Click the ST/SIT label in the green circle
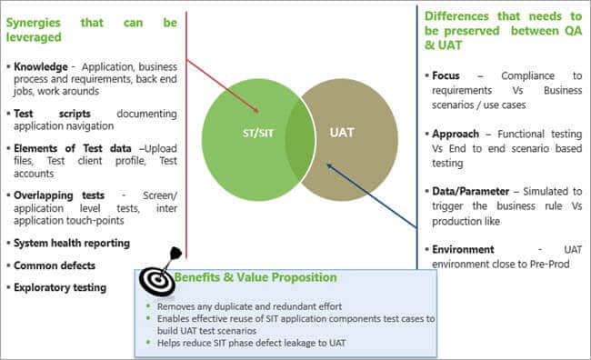coord(258,133)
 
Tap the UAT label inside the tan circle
coord(342,133)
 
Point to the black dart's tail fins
coord(176,253)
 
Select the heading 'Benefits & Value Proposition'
coord(255,277)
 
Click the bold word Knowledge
coord(41,66)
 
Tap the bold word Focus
coord(446,75)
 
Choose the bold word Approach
coord(456,135)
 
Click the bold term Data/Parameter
coord(470,192)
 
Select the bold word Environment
coord(463,250)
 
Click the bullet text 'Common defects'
coord(55,265)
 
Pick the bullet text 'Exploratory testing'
coord(60,287)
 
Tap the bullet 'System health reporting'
coord(72,243)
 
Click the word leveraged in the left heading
coord(34,37)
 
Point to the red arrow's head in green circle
coord(255,109)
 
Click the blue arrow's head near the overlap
coord(329,165)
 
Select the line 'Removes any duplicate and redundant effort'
coord(249,306)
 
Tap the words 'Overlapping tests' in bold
coord(59,195)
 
